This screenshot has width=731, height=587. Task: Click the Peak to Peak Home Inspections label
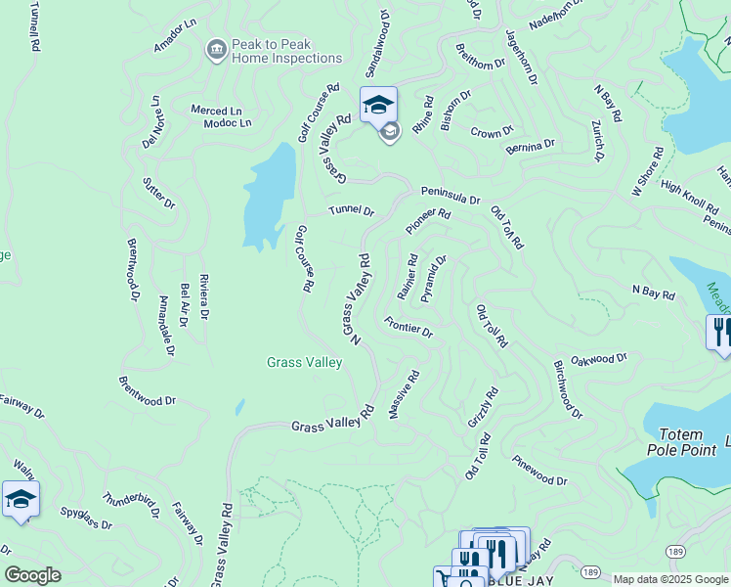[x=286, y=52]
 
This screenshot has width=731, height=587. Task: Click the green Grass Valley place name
[x=304, y=363]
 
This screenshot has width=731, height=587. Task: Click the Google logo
[x=32, y=575]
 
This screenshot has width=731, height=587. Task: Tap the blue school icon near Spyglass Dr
[x=21, y=499]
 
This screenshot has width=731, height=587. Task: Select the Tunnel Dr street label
[x=351, y=210]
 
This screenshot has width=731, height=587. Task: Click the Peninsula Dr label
[x=451, y=195]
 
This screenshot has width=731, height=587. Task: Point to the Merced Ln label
[x=216, y=112]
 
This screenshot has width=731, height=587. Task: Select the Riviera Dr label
[x=202, y=296]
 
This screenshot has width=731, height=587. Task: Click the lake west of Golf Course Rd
[x=268, y=196]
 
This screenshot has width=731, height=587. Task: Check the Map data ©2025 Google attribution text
[x=670, y=579]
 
